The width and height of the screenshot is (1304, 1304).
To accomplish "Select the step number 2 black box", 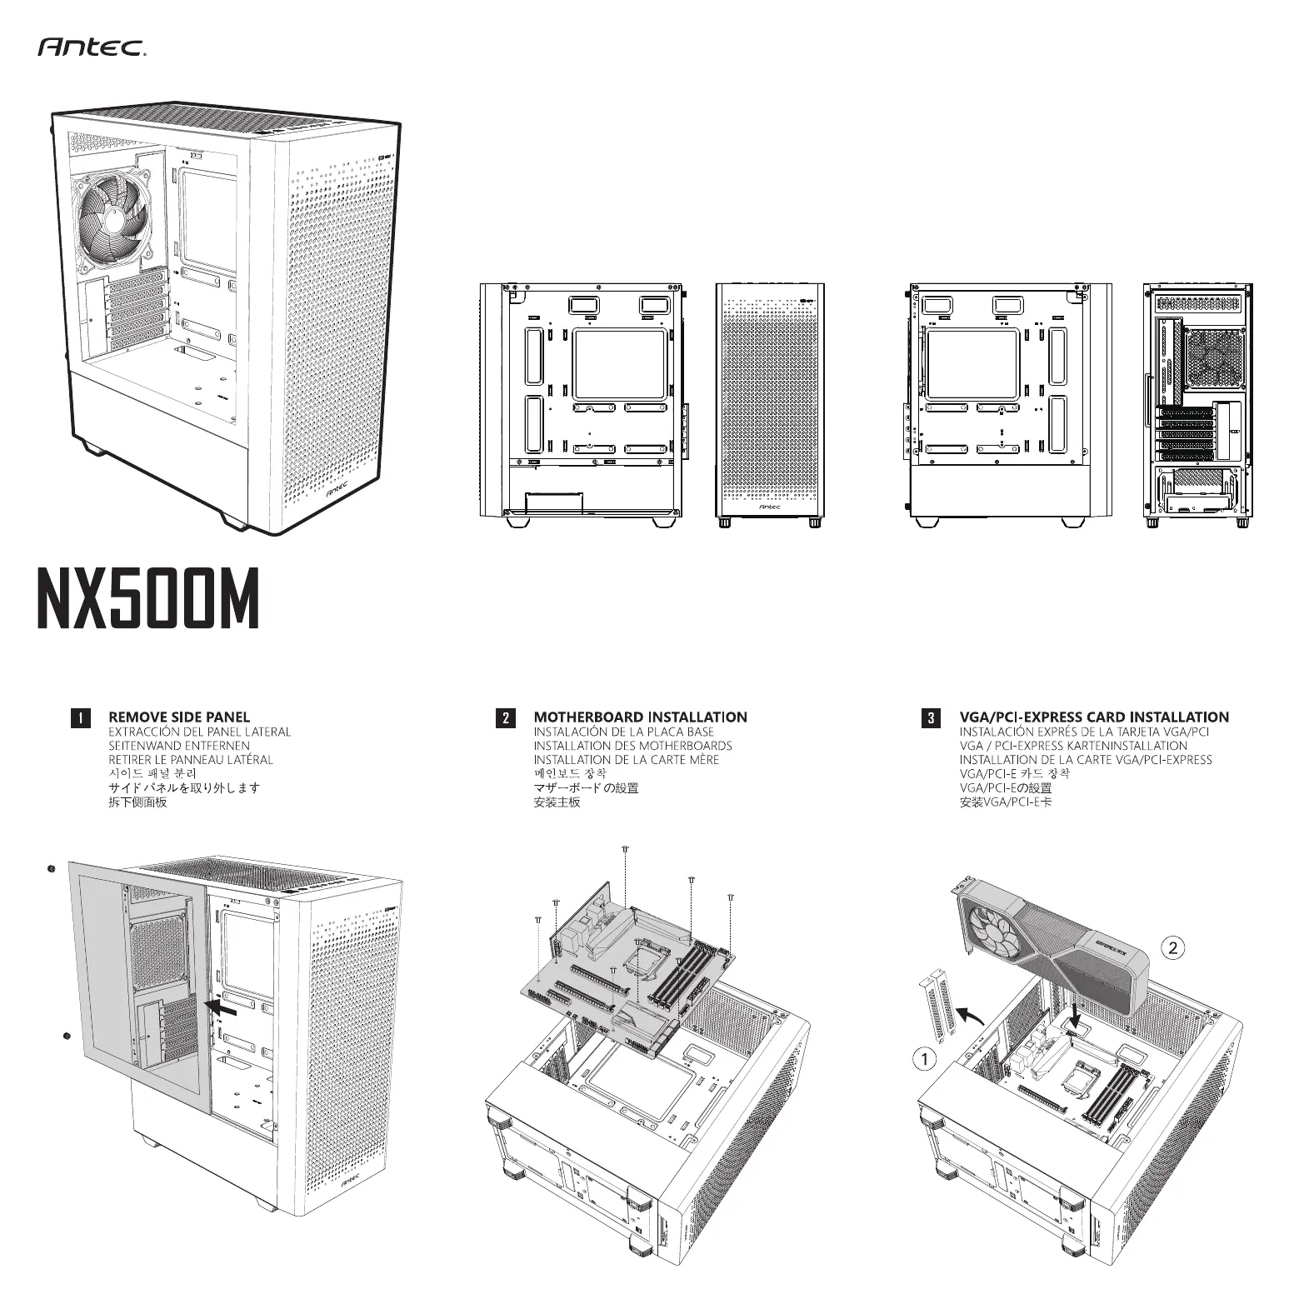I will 505,717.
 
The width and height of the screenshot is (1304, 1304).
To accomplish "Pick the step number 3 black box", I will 932,717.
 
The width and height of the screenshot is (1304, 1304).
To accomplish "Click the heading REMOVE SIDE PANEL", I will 179,717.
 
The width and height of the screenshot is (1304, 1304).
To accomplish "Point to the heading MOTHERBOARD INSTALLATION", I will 640,717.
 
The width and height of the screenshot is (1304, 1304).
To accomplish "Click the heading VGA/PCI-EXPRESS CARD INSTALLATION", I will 1094,717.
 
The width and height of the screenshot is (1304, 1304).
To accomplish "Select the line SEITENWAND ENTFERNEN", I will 179,746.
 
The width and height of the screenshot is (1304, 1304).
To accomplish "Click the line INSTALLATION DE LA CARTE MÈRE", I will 626,760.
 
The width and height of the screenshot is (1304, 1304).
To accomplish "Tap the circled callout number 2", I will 1173,947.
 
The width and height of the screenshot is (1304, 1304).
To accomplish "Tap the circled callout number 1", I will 922,1059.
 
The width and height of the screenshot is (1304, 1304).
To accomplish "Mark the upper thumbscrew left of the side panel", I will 51,869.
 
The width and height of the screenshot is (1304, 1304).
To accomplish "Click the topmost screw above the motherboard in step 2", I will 625,849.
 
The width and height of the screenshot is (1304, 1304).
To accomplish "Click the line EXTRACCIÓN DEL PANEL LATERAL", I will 200,732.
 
